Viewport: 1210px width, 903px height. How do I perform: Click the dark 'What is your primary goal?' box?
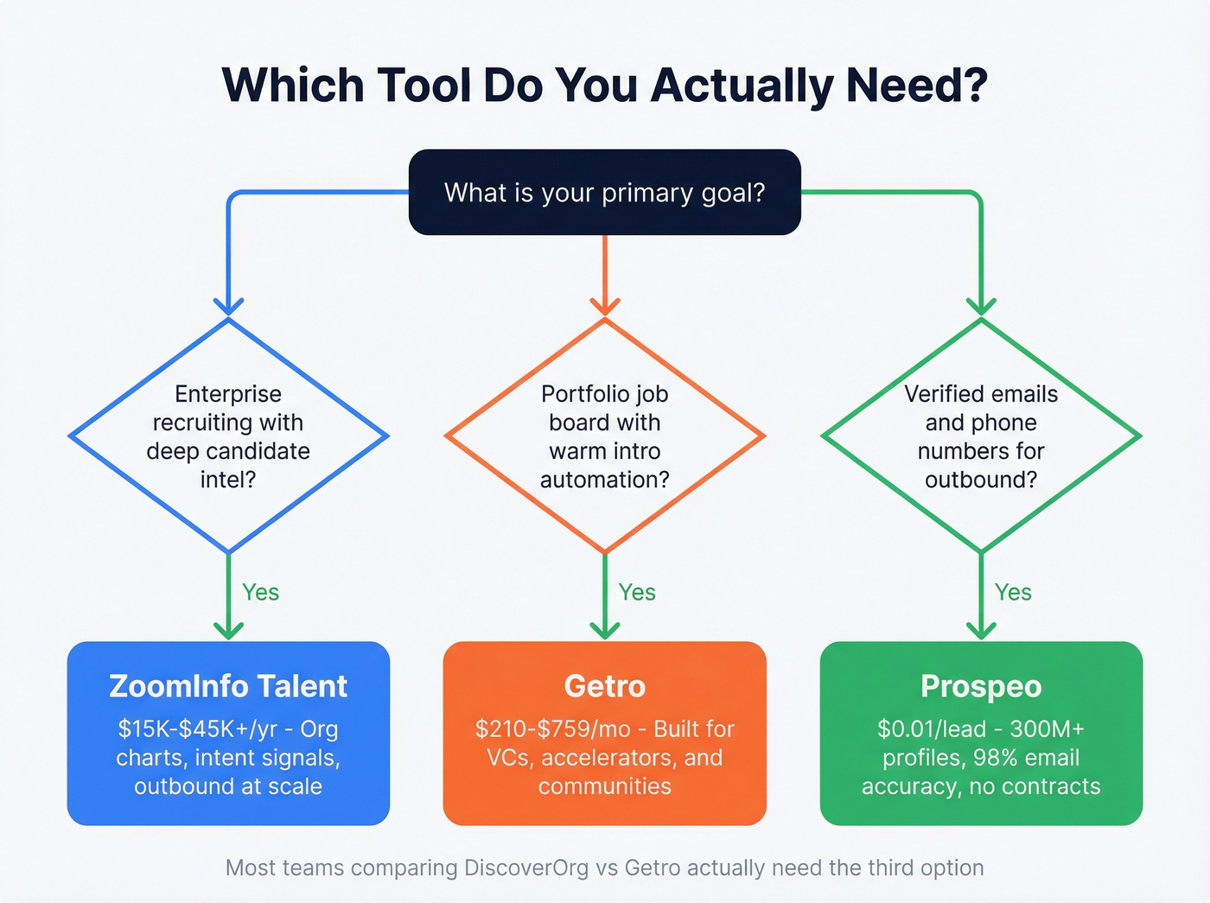pos(604,192)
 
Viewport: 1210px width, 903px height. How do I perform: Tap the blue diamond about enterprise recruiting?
pos(228,436)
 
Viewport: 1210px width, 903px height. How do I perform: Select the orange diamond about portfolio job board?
pos(604,436)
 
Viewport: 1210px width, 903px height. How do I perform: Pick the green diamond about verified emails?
pos(981,436)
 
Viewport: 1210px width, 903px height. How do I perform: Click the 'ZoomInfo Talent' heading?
pos(228,686)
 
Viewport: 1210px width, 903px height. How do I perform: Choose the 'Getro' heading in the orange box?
pos(604,686)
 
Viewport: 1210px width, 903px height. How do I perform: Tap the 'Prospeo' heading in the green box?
pos(981,686)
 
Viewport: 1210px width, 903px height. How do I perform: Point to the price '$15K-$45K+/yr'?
pos(198,729)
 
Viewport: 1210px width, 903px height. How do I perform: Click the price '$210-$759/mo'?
pos(553,729)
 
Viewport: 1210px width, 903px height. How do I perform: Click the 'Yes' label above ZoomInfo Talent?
pos(260,593)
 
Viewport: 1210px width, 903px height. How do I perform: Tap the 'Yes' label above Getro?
pos(637,593)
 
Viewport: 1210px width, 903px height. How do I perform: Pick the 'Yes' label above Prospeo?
pos(1013,593)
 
